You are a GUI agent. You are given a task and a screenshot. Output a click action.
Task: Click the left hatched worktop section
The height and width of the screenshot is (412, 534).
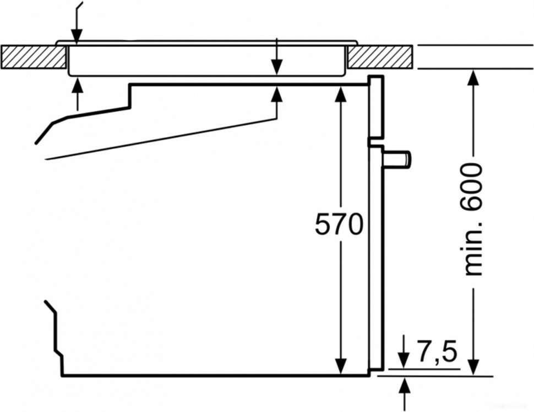[x=33, y=56]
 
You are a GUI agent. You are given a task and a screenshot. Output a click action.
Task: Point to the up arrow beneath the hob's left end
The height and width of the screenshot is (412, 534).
[x=76, y=87]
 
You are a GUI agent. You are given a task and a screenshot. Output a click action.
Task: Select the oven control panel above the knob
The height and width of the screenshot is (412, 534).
[x=375, y=108]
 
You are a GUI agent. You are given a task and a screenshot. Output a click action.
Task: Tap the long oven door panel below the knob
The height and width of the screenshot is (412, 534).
[x=375, y=265]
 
